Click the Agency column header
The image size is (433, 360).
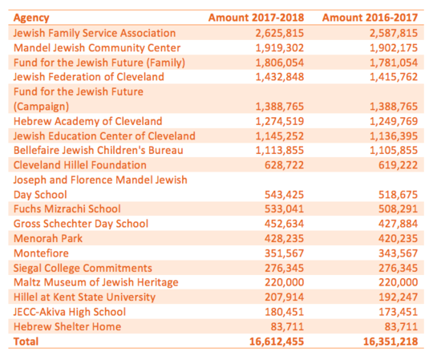pyautogui.click(x=31, y=18)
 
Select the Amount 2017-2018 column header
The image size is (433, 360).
pyautogui.click(x=256, y=18)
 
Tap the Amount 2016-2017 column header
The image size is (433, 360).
pyautogui.click(x=370, y=18)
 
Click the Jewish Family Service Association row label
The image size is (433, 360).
pyautogui.click(x=95, y=33)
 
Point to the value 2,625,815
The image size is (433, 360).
pyautogui.click(x=280, y=34)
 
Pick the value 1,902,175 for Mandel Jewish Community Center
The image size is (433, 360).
pyautogui.click(x=394, y=48)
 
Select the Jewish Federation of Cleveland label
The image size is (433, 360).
pyautogui.click(x=89, y=77)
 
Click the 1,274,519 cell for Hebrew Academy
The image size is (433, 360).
pyautogui.click(x=280, y=122)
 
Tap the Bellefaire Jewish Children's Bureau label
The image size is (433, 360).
pyautogui.click(x=99, y=151)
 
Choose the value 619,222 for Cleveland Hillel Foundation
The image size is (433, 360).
pyautogui.click(x=398, y=165)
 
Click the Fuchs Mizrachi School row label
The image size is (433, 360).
pyautogui.click(x=67, y=209)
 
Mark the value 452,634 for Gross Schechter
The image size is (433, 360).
pyautogui.click(x=284, y=224)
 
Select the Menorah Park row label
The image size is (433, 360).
pyautogui.click(x=48, y=238)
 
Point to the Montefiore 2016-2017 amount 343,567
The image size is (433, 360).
pyautogui.click(x=398, y=253)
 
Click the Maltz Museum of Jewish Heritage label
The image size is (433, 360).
pyautogui.click(x=96, y=282)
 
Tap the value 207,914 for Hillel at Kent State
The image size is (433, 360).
pyautogui.click(x=284, y=297)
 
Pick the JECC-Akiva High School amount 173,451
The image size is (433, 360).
pyautogui.click(x=398, y=312)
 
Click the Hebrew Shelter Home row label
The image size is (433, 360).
pyautogui.click(x=67, y=327)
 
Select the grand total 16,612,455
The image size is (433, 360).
pyautogui.click(x=277, y=342)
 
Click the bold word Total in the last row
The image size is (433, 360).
pyautogui.click(x=26, y=342)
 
